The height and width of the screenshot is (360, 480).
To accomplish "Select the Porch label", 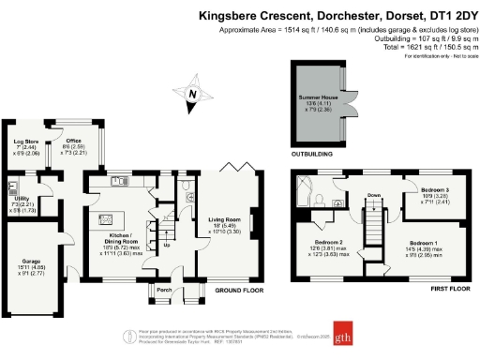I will pyautogui.click(x=164, y=290).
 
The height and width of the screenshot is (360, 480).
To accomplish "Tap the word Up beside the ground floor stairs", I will pyautogui.click(x=167, y=247).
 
